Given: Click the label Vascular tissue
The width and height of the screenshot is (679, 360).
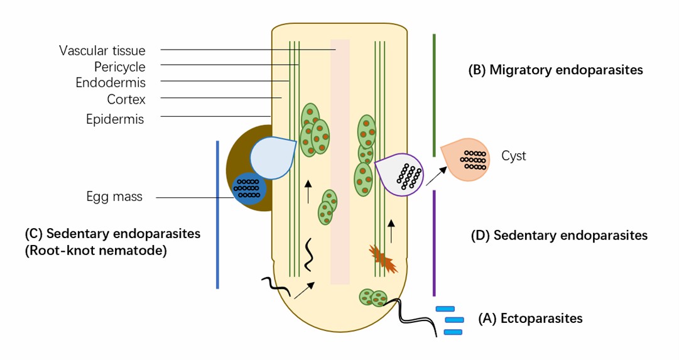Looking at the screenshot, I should click(x=102, y=50).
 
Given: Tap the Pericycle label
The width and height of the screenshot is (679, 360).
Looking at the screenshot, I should click(x=119, y=66).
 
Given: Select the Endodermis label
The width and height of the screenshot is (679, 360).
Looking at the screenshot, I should click(x=111, y=82).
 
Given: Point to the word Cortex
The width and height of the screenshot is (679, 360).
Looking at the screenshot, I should click(x=126, y=99).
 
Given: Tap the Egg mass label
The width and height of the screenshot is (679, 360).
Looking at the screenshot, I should click(x=114, y=197).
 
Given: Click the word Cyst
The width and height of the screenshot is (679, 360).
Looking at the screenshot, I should click(x=514, y=156).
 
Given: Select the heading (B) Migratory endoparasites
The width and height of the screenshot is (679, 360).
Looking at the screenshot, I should click(x=556, y=70).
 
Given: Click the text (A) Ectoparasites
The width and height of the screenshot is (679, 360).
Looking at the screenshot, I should click(x=530, y=319).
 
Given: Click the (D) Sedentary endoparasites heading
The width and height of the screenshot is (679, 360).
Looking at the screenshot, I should click(x=559, y=236).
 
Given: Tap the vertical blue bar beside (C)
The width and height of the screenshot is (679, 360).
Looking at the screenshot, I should click(x=217, y=214).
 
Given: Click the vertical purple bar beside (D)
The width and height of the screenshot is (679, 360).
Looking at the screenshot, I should click(x=434, y=243).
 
